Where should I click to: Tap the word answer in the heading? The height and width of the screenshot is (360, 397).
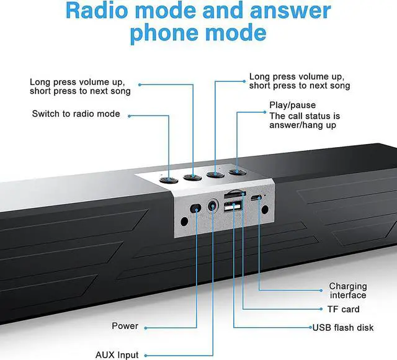coord(290,11)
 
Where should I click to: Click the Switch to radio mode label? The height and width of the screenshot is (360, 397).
coord(76,114)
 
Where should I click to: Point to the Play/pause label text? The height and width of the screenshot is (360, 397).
coord(292,105)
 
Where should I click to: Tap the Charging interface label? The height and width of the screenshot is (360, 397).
coord(348,290)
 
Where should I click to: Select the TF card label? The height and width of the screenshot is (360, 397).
coord(343,309)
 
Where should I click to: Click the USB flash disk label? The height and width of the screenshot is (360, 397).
coord(343,328)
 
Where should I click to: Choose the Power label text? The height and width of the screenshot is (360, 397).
coord(125,326)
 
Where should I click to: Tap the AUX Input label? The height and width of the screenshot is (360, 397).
coord(117,355)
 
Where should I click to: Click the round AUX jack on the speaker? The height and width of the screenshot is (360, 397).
coord(213,205)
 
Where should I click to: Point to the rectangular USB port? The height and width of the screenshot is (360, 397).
coord(233,206)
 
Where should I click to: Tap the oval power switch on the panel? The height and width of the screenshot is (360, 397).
coord(195,209)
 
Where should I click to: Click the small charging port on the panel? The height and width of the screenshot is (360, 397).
coord(256,197)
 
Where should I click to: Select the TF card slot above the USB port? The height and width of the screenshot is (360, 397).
coord(234,195)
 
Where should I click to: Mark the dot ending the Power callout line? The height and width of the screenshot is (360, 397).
coord(146,328)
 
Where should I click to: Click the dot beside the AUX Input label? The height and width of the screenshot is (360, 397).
coord(146,356)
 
